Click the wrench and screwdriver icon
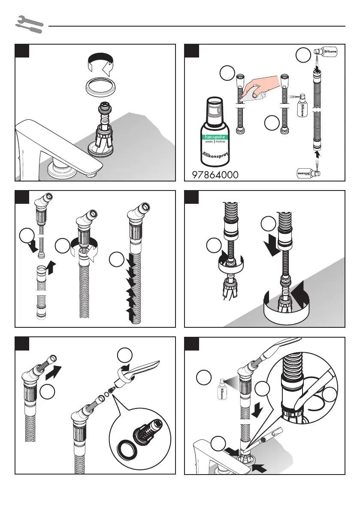[29, 24]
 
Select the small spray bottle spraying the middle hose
[302, 106]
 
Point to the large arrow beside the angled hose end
[53, 372]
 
